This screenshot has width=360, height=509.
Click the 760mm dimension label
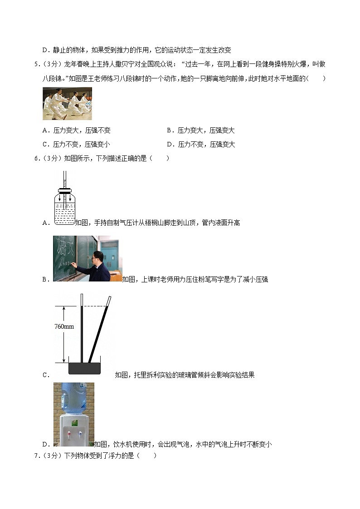(64, 326)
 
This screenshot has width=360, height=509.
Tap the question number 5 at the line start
(36, 64)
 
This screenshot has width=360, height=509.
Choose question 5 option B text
(201, 131)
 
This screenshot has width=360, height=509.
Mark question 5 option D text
(201, 145)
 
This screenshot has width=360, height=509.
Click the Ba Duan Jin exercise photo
(67, 103)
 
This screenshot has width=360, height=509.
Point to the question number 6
(36, 158)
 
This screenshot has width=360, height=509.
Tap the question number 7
(36, 456)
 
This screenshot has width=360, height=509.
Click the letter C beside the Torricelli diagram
(45, 375)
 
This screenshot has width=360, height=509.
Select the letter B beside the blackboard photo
(45, 280)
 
